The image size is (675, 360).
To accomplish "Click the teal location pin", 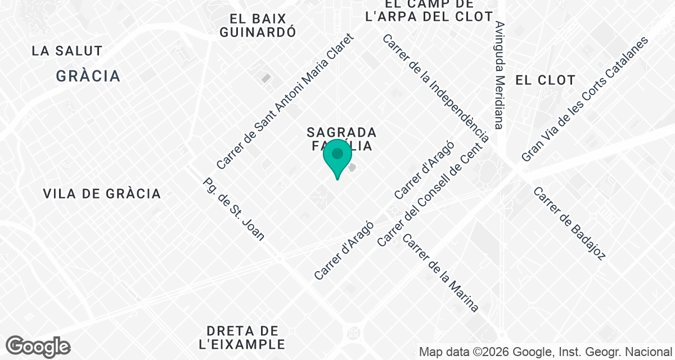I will [x=337, y=157].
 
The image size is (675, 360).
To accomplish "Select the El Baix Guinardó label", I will [x=258, y=25].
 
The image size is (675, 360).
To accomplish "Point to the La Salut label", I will [x=67, y=51].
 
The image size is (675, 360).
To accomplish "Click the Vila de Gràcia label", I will [x=102, y=193].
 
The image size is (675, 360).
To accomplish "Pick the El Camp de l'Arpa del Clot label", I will [x=429, y=10].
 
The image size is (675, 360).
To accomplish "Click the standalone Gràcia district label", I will [x=88, y=76].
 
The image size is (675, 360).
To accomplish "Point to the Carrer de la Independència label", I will [x=436, y=88].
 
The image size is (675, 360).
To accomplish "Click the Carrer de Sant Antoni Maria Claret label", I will [x=286, y=102].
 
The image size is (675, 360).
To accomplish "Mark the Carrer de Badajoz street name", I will [x=569, y=223].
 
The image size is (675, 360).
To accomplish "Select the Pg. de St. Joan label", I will [x=233, y=209].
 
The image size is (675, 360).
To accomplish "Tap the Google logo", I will [x=38, y=346].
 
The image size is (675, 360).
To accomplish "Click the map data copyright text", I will [x=546, y=352].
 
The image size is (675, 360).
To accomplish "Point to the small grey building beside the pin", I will [x=352, y=167].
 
